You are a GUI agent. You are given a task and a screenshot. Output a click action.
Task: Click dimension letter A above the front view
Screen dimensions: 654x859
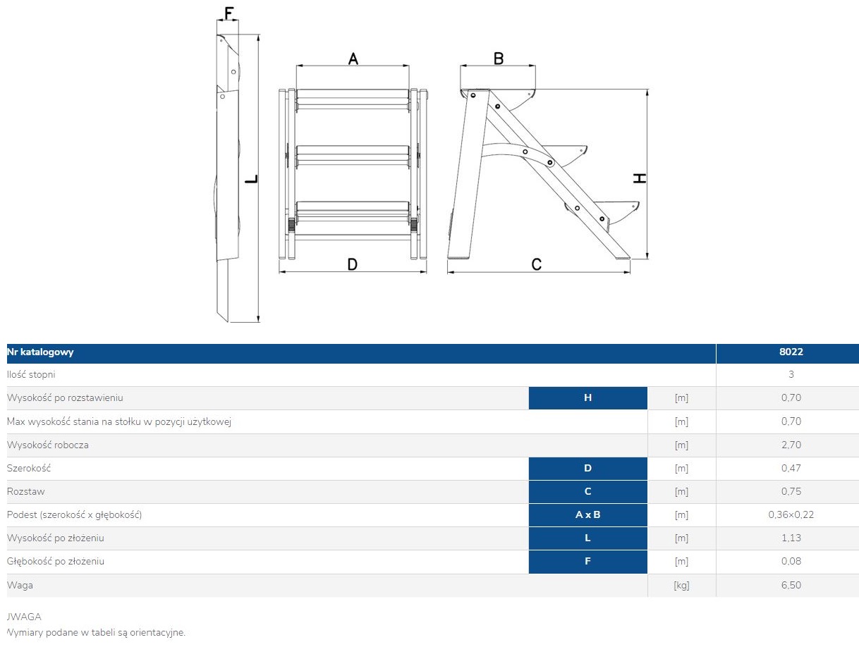pyautogui.click(x=353, y=58)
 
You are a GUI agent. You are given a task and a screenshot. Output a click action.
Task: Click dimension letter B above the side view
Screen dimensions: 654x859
pyautogui.click(x=498, y=58)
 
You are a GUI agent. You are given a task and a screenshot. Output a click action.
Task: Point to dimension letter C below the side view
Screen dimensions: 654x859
pyautogui.click(x=536, y=264)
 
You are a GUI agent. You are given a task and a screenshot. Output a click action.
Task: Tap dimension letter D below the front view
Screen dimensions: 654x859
pyautogui.click(x=353, y=264)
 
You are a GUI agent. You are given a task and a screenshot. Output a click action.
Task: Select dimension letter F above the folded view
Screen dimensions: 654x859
pyautogui.click(x=228, y=13)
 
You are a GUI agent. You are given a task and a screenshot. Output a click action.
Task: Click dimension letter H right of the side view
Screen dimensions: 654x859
pyautogui.click(x=639, y=178)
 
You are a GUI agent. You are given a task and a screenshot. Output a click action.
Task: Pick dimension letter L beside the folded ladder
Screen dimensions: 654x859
pyautogui.click(x=250, y=179)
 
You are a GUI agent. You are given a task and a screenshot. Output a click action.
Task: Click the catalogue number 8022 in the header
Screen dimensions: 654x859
pyautogui.click(x=791, y=352)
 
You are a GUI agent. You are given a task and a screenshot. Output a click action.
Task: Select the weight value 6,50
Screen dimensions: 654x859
pyautogui.click(x=791, y=585)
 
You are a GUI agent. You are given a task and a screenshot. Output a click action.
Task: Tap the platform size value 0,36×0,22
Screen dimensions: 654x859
pyautogui.click(x=791, y=514)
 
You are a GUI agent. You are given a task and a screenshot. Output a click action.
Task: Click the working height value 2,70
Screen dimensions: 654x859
pyautogui.click(x=791, y=445)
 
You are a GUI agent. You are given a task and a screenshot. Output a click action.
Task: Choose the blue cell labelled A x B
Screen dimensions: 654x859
pyautogui.click(x=587, y=514)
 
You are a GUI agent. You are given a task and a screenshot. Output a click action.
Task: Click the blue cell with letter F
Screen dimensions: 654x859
pyautogui.click(x=587, y=562)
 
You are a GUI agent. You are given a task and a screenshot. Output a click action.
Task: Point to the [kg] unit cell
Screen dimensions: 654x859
pyautogui.click(x=681, y=585)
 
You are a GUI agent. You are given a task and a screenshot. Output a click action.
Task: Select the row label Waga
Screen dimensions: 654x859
pyautogui.click(x=20, y=585)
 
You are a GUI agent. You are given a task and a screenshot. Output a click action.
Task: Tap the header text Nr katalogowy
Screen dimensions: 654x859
pyautogui.click(x=40, y=352)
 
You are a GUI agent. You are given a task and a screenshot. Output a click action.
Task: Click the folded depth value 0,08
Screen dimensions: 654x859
pyautogui.click(x=791, y=562)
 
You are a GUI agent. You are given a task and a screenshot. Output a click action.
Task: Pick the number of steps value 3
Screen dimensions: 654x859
pyautogui.click(x=791, y=374)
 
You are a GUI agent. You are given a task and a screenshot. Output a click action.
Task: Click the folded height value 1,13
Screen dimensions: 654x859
pyautogui.click(x=791, y=538)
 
